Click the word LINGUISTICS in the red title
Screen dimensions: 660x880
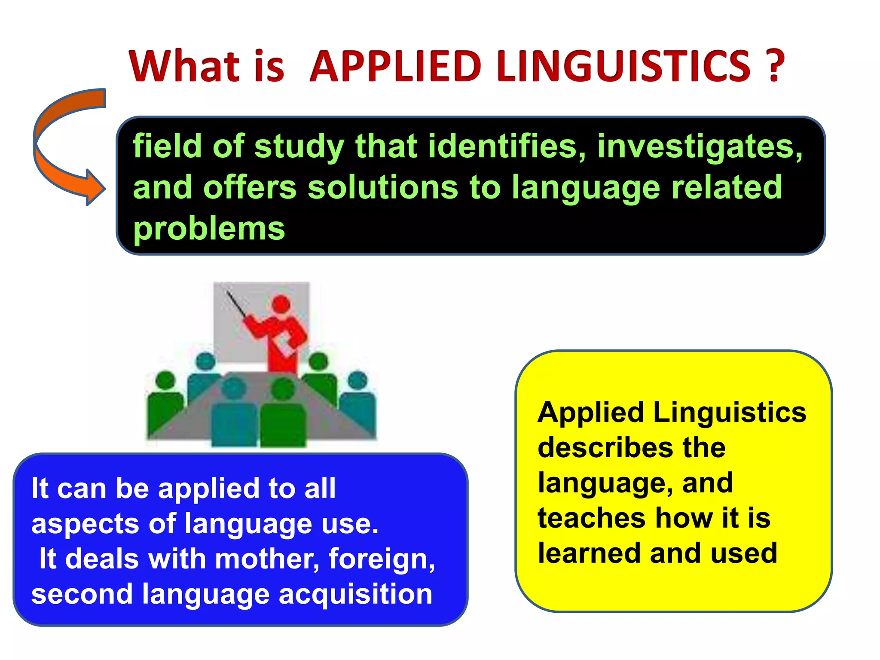coord(623,66)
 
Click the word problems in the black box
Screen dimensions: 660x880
coord(209,229)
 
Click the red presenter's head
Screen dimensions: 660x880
coord(281,304)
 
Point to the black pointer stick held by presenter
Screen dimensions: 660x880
coord(236,303)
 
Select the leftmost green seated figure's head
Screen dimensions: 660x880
coord(165,380)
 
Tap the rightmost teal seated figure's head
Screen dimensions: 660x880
coord(357,380)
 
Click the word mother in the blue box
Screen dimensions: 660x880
coord(267,559)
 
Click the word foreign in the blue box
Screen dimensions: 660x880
coord(382,559)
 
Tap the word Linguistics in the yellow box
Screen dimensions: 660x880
coord(729,413)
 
